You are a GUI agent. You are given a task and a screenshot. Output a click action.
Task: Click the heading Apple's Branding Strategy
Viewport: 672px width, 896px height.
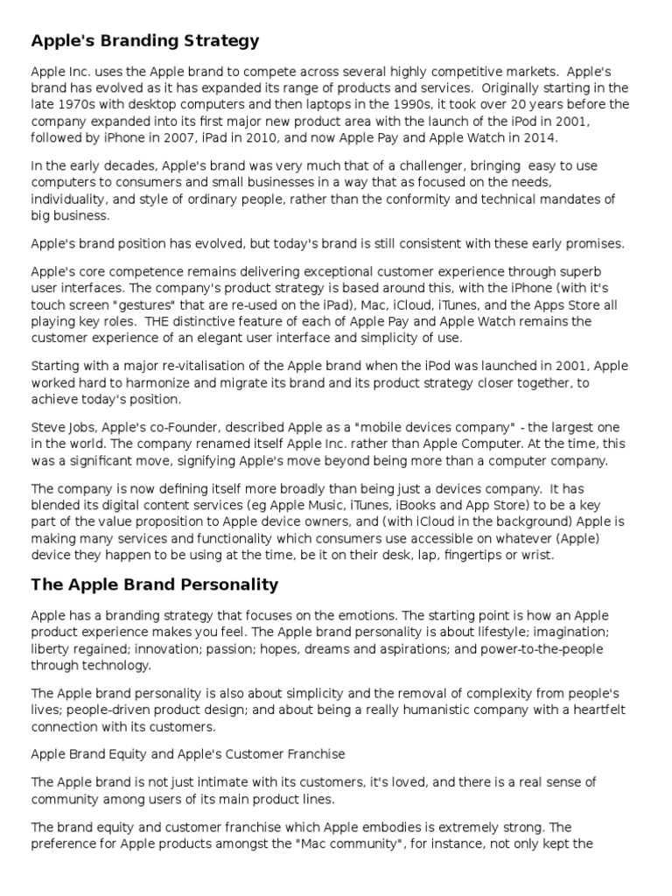pyautogui.click(x=145, y=40)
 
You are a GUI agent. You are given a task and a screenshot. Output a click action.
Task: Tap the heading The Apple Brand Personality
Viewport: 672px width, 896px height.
pyautogui.click(x=155, y=584)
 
